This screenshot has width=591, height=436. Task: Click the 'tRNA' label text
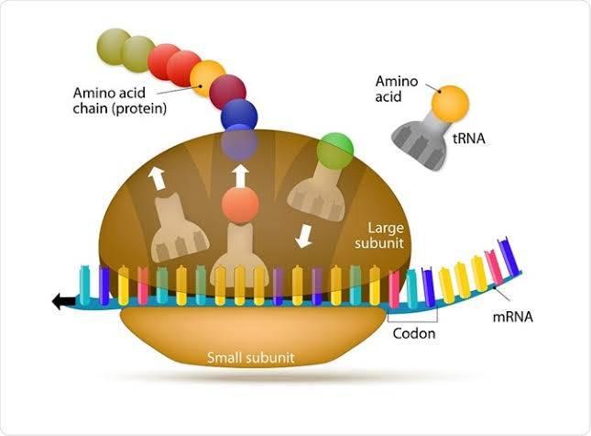468,139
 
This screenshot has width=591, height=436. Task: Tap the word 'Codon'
414,333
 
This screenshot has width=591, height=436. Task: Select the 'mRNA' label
513,317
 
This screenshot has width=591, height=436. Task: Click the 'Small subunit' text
251,357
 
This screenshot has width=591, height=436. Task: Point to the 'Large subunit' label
379,236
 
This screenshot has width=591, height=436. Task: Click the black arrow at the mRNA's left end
63,301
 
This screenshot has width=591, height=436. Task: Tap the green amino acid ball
334,151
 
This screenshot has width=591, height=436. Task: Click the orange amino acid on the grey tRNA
450,105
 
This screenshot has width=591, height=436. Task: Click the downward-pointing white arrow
303,236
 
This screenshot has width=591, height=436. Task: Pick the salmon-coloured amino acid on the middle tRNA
240,205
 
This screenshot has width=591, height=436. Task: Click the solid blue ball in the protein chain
239,115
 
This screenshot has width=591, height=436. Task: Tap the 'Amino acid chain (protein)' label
120,100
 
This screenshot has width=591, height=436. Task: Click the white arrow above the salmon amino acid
240,176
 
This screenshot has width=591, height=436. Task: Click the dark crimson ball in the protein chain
227,92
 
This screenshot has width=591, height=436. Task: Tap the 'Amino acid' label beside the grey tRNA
397,89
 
